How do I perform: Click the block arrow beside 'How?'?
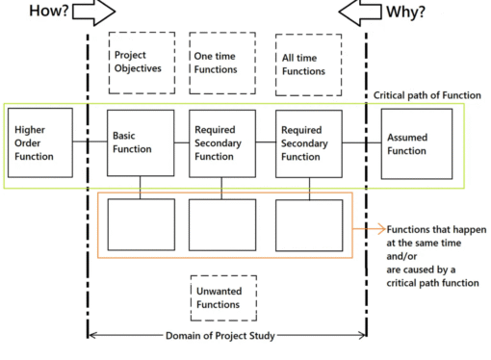pos(92,13)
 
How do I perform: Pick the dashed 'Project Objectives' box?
pos(142,62)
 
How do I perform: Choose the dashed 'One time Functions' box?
pos(222,62)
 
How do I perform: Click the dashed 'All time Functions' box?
pos(307,64)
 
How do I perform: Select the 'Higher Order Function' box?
pos(41,142)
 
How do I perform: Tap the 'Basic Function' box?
pos(141,143)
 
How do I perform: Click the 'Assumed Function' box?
pos(416,143)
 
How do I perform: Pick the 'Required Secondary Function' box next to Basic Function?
pos(222,143)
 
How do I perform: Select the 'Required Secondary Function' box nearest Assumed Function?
pos(308,143)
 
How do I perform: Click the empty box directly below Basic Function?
pos(141,224)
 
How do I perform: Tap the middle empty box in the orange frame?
pos(222,224)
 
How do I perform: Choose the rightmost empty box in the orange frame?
pos(308,224)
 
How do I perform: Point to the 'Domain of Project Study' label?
pos(226,335)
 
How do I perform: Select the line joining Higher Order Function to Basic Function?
pos(91,143)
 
